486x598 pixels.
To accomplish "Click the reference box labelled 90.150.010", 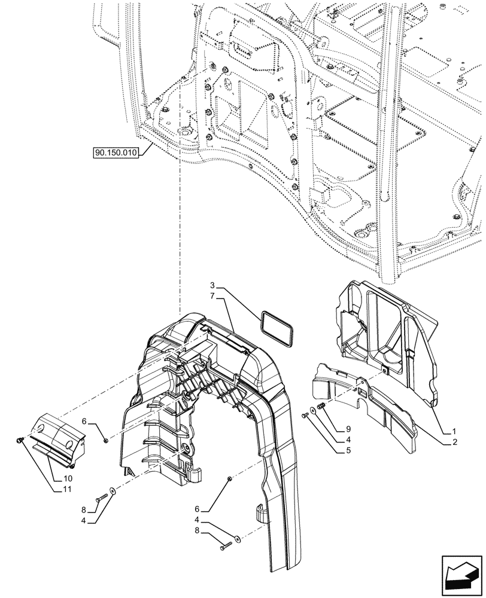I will coord(116,153).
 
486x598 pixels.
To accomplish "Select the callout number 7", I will coord(214,296).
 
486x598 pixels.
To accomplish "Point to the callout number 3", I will coord(214,285).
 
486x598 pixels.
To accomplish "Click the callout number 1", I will coord(454,431).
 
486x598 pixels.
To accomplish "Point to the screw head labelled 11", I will coord(19,440).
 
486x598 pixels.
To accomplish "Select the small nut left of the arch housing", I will coord(106,441).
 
